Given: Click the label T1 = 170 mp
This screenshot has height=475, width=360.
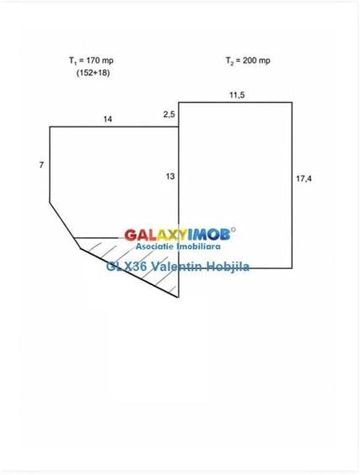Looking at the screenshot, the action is pos(91,61).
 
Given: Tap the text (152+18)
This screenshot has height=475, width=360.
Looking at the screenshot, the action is pos(93,73).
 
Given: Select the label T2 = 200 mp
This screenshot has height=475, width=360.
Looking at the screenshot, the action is pos(248,61).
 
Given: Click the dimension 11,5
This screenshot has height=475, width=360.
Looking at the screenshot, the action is pos(237,95).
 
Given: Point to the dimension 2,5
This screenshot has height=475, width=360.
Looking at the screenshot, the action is pos(169,115).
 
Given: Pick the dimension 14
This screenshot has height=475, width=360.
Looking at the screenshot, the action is pos(107,119).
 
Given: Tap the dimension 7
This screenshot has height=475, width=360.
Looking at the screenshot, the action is pos(41,165).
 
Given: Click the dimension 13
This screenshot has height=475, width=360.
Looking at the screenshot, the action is pos(170,176).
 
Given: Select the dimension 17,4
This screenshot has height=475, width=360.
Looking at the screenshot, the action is pos(304,179).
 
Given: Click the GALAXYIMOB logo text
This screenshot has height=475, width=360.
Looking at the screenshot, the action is pos(177,235).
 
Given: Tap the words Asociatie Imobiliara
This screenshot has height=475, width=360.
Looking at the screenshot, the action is pos(178,246).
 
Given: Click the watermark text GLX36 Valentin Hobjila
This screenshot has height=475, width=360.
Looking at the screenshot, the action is pos(178,267).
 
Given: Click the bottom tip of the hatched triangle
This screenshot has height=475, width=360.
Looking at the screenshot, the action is pos(179,297).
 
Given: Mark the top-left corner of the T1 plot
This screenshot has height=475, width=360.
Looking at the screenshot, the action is pos(50,127).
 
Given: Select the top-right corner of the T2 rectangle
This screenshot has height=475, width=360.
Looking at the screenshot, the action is pos(292,103).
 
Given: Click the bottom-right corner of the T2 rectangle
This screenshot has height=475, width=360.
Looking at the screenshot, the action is pos(292,268).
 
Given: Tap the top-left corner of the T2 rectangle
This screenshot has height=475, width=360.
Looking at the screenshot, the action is pos(179,103).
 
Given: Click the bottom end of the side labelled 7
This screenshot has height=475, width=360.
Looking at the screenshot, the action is pos(50,202).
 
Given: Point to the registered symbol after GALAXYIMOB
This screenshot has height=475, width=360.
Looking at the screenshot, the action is pos(234,229).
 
